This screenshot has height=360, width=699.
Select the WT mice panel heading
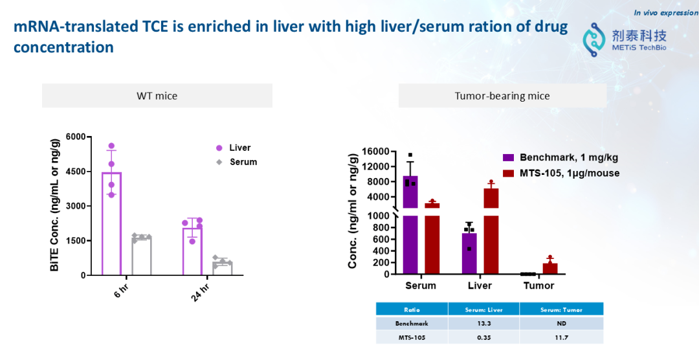coord(157,96)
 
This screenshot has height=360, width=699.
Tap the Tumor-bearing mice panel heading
coord(502,96)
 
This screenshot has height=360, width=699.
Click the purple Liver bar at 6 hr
coord(111,223)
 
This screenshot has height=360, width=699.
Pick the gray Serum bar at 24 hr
coord(222,269)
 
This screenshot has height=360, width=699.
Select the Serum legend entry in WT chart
coord(243,162)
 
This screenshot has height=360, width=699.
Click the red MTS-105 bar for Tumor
coord(550,268)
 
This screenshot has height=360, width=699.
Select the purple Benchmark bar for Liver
coord(469,253)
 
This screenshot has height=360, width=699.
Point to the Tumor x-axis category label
coord(538,286)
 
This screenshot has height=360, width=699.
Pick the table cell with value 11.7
coord(562,337)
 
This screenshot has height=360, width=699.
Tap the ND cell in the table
coord(562,323)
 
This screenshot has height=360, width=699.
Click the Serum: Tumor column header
coord(562,309)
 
